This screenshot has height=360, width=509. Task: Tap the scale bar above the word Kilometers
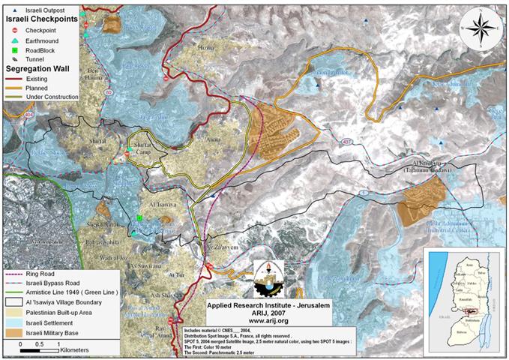[x=39, y=349]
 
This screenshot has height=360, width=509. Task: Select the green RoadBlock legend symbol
[x=16, y=50]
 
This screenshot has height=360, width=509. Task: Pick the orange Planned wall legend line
[x=22, y=87]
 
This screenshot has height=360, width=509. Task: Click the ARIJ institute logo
[x=268, y=279]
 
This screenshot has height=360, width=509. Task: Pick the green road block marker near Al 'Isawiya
[x=139, y=218]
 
